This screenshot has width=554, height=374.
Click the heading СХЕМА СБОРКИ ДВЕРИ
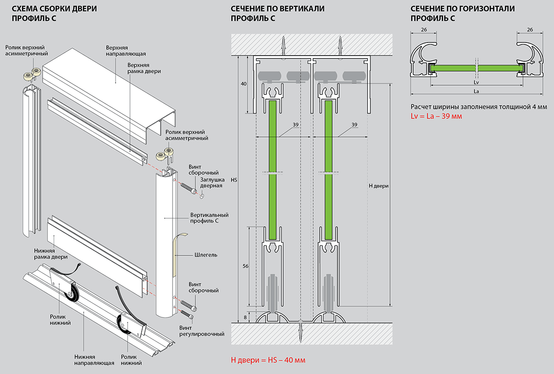click(54, 9)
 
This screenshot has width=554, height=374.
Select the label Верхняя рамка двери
click(144, 68)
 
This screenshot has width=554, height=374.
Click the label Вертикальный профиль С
click(209, 218)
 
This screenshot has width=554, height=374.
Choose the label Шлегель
click(206, 254)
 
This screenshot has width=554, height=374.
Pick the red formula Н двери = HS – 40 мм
click(268, 360)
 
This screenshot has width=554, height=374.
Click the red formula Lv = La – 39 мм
click(436, 117)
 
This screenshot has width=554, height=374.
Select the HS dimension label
click(234, 179)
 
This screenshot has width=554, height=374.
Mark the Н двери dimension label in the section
click(378, 186)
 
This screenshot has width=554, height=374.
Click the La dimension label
click(476, 91)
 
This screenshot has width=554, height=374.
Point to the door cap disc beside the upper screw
click(202, 196)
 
